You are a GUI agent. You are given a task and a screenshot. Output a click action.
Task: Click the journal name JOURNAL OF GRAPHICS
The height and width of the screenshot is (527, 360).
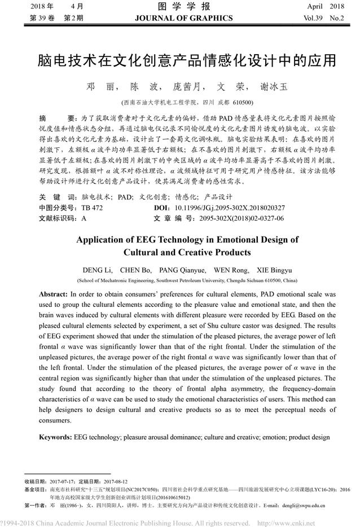pos(183,18)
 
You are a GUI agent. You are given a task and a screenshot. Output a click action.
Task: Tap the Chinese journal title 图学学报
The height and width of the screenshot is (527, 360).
pos(183,7)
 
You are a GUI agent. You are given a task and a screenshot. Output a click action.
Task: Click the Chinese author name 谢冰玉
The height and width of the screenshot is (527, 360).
pos(274,88)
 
